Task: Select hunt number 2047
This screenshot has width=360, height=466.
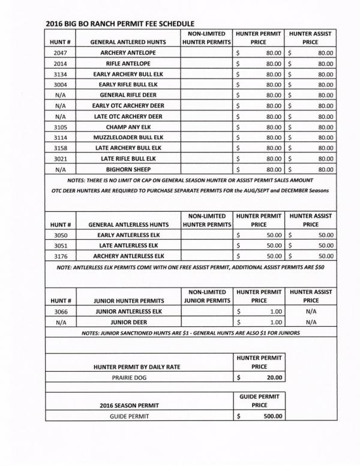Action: pyautogui.click(x=59, y=53)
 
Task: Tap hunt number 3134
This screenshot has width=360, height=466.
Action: pyautogui.click(x=59, y=74)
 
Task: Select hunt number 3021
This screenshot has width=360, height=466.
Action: pyautogui.click(x=59, y=158)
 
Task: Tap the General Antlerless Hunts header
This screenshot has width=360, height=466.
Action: pyautogui.click(x=128, y=224)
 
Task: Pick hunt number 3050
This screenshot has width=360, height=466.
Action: pyautogui.click(x=59, y=235)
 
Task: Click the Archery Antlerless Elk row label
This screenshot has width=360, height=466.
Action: pyautogui.click(x=128, y=256)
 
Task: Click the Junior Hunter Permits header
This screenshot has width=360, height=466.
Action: pyautogui.click(x=128, y=300)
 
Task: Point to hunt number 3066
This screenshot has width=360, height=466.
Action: pyautogui.click(x=59, y=311)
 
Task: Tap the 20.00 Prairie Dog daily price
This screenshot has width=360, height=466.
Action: pyautogui.click(x=273, y=378)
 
